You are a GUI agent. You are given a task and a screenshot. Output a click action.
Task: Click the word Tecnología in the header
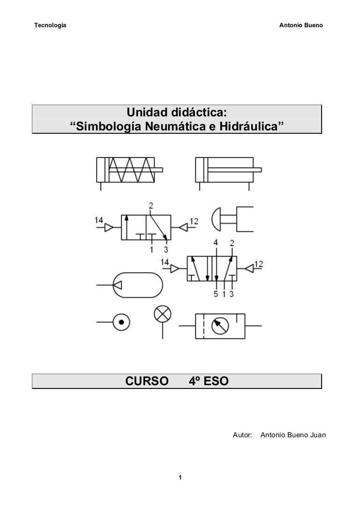pos(50,25)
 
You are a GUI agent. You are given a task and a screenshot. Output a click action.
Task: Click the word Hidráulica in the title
pos(248,126)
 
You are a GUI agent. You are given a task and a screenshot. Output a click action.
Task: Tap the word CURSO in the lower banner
pos(147,381)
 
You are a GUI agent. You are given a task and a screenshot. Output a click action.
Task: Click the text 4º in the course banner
pos(194,381)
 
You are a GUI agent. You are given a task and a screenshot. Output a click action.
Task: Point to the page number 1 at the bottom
pos(180,478)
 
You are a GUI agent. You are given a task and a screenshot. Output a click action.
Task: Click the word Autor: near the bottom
pos(242,435)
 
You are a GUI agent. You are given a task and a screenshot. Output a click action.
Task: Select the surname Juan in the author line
pos(318,435)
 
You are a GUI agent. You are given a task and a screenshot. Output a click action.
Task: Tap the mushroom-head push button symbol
pos(232,219)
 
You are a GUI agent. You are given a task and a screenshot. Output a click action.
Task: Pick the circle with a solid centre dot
pos(121,322)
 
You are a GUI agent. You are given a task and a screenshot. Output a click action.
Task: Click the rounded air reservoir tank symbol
pos(138,285)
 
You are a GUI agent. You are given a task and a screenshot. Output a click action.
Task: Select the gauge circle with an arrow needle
pos(220,326)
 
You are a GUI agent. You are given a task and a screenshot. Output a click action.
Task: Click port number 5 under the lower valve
pos(216,294)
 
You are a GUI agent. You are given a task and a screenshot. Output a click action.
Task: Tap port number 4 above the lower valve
pos(216,243)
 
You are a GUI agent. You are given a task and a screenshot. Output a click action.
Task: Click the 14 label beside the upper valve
pos(99,220)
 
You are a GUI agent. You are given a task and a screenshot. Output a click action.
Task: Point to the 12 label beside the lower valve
pos(259,264)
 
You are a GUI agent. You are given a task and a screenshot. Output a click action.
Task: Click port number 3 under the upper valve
pos(166,250)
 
